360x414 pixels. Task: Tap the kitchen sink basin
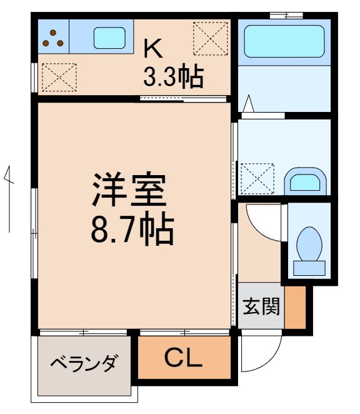(109, 38)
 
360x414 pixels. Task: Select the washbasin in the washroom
(306, 182)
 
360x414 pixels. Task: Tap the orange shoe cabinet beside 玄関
(296, 306)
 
